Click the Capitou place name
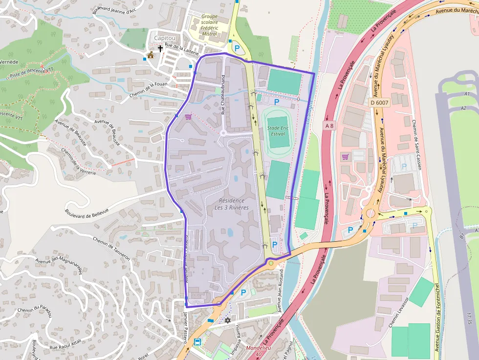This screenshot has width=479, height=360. point(164,38)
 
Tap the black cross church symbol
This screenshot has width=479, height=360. point(160,49)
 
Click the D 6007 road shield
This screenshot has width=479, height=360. point(379,103)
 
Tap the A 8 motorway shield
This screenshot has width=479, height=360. point(330,126)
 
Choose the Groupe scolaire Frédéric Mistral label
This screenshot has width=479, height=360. point(209,25)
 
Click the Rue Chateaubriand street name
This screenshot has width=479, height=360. point(223,95)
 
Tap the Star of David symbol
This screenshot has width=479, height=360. point(227,320)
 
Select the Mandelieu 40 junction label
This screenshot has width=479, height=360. point(258,351)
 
